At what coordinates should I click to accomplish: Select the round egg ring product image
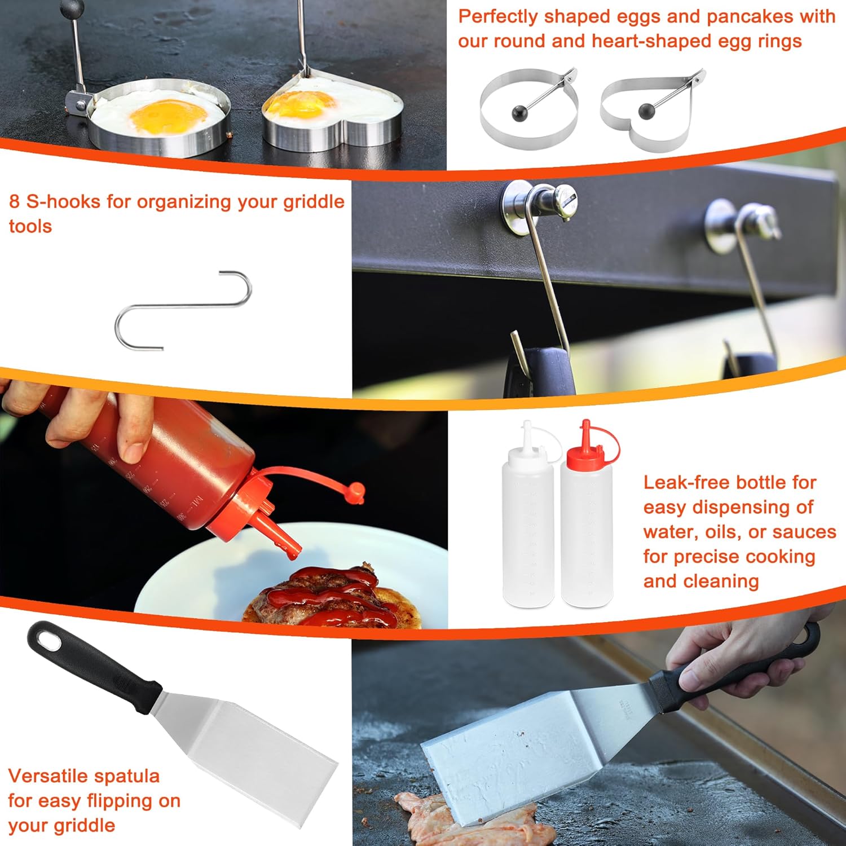point(528,107)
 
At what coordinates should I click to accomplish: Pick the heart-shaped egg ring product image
point(649,110)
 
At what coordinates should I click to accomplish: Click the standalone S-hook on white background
point(183,306)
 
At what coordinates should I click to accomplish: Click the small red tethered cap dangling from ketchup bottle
point(355,492)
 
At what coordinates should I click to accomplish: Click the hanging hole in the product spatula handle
point(49,640)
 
